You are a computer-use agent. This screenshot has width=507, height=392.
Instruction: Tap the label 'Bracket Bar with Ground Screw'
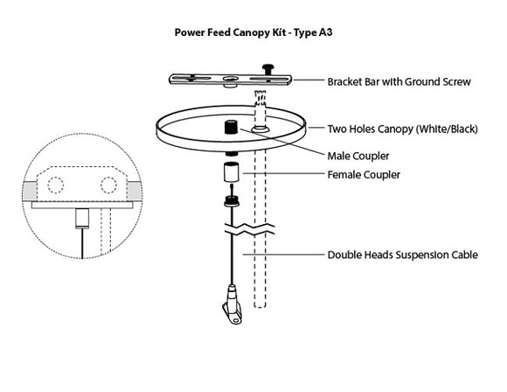(x=399, y=82)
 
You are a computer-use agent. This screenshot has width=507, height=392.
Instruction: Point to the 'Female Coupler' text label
(x=365, y=175)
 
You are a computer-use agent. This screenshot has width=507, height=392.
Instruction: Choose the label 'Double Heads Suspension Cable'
(x=402, y=256)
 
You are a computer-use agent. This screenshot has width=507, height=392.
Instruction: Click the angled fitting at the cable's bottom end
(x=230, y=299)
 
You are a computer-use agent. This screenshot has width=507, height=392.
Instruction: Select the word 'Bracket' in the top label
(x=346, y=82)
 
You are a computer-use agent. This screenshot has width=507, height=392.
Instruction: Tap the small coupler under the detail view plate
(x=80, y=215)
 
